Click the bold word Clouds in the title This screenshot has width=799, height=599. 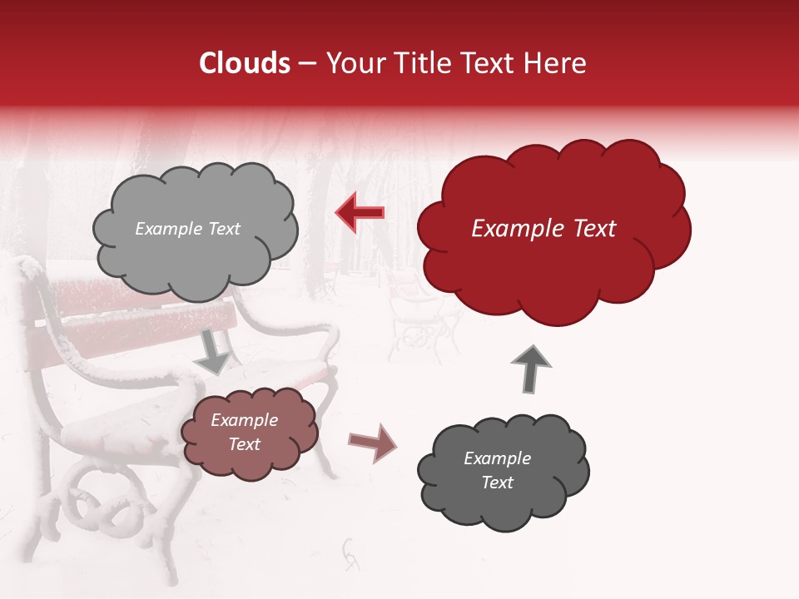[245, 63]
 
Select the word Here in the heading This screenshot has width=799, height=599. [556, 63]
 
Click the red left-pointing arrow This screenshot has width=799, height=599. [360, 212]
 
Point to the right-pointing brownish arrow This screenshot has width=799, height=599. [372, 443]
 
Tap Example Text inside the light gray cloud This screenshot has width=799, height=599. [187, 229]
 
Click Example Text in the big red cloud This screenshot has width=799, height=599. [543, 229]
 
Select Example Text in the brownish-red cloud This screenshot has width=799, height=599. [244, 432]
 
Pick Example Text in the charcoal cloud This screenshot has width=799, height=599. [497, 470]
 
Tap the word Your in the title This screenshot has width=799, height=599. [353, 63]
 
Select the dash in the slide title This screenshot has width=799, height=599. [306, 63]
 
